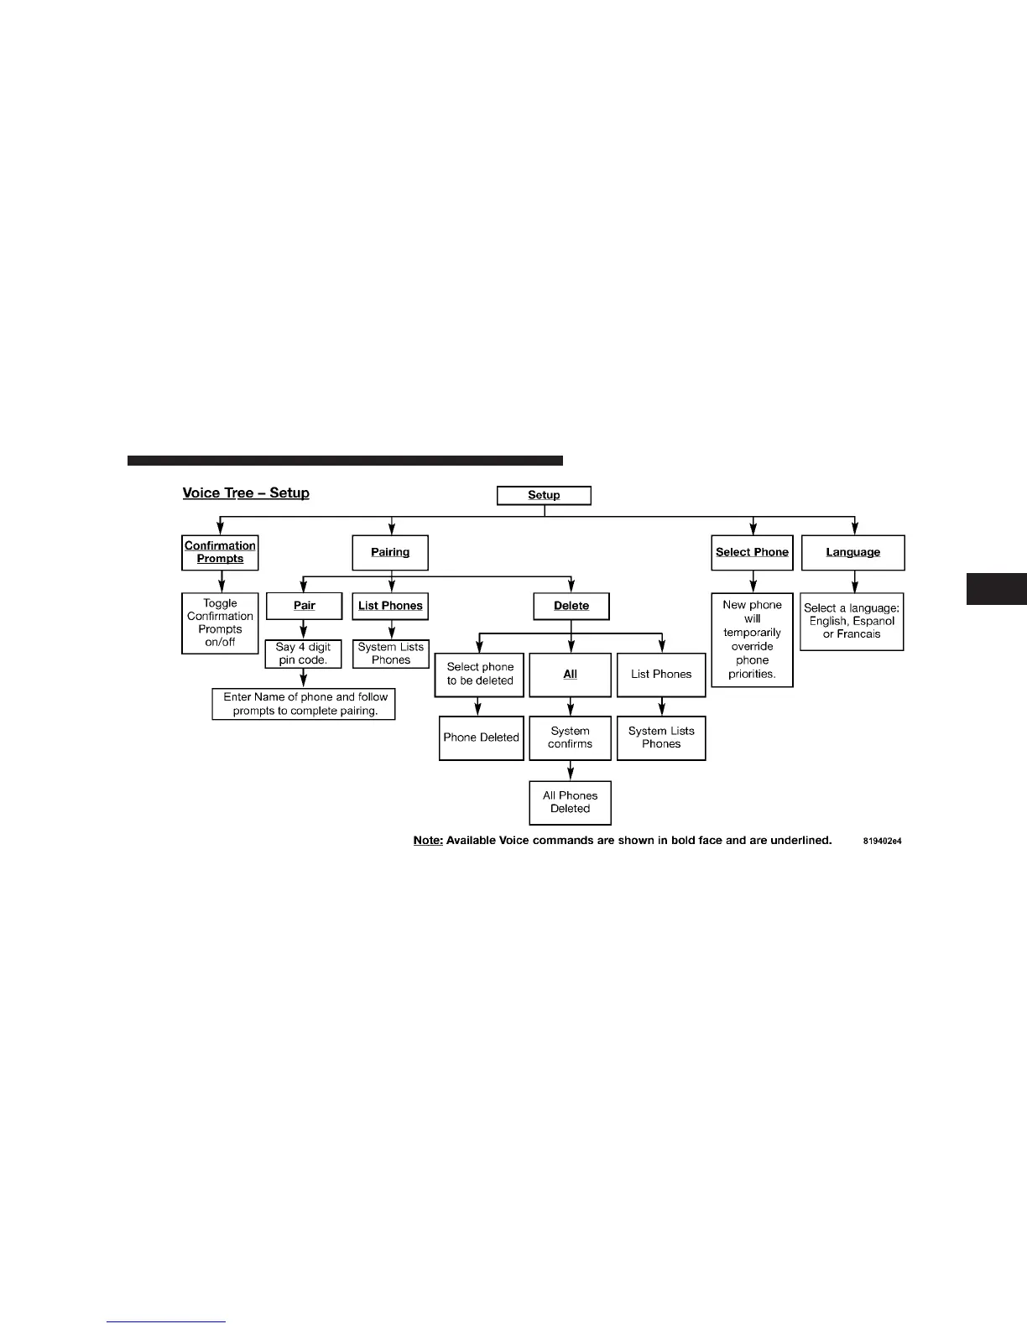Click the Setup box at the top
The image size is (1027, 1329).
(544, 495)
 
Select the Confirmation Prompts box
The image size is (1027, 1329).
(220, 552)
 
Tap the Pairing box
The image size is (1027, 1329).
(390, 552)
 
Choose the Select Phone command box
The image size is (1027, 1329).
(752, 552)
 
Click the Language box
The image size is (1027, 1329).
(852, 552)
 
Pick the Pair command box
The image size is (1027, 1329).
(304, 606)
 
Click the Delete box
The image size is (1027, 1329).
(571, 606)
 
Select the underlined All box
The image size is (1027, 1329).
(570, 675)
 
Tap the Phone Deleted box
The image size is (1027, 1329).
(481, 737)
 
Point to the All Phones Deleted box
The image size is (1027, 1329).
(570, 802)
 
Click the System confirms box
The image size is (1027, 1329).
(570, 737)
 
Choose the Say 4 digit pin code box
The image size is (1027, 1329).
(303, 654)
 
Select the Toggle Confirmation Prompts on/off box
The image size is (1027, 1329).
(220, 623)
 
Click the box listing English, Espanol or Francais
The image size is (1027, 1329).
(852, 622)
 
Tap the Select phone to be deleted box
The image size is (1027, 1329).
(480, 675)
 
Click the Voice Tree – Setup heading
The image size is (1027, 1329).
(246, 493)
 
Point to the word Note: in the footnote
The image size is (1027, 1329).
(428, 841)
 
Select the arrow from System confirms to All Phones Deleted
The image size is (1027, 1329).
(571, 770)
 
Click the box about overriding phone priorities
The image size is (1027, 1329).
(752, 639)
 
